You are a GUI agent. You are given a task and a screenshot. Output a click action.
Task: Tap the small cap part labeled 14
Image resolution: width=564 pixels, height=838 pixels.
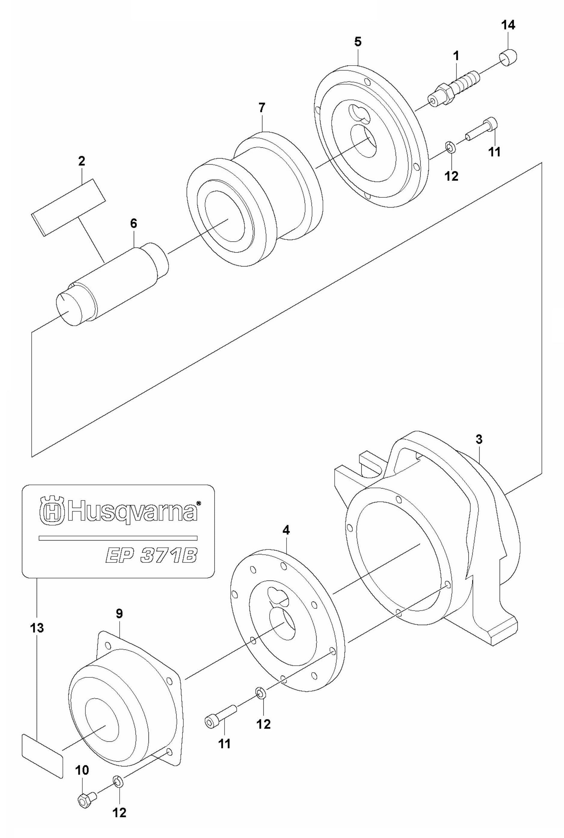tap(508, 59)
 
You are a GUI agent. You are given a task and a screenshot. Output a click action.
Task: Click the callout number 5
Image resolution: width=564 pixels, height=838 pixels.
tap(357, 42)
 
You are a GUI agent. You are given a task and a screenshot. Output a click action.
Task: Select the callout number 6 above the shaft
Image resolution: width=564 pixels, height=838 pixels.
tap(133, 223)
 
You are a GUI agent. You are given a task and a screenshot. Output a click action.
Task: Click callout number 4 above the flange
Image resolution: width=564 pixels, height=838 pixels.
tap(286, 530)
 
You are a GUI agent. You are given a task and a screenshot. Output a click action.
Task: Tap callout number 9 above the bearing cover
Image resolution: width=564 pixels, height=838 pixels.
tap(119, 614)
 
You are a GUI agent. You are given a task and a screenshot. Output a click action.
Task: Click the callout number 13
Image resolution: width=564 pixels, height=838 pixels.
tap(37, 628)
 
